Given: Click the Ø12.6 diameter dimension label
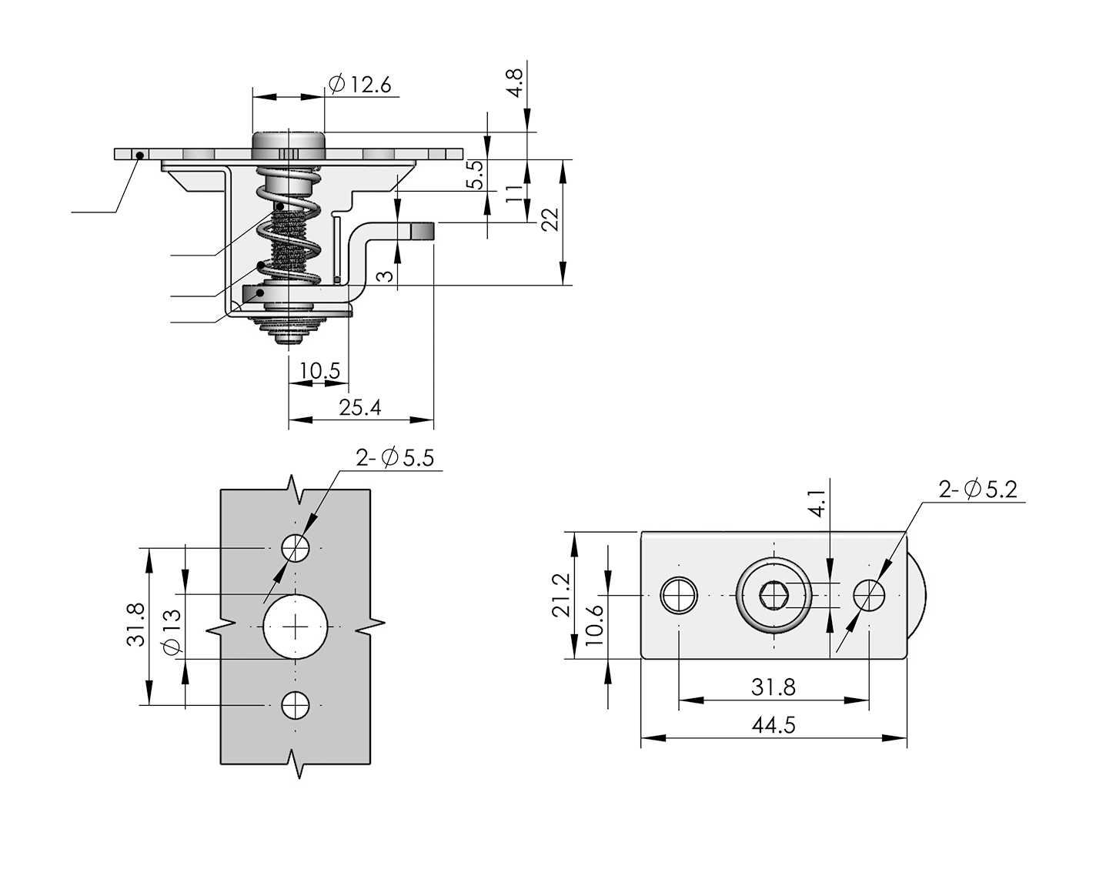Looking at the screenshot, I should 359,84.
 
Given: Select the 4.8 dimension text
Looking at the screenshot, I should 513,81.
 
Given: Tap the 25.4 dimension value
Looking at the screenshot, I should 360,407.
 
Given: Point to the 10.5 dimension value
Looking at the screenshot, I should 319,371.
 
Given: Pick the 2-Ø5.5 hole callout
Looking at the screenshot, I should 395,458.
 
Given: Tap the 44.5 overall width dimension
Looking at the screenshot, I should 773,725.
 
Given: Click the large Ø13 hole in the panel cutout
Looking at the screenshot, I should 296,627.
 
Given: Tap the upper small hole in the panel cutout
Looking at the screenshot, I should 296,549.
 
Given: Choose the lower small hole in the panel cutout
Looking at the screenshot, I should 296,704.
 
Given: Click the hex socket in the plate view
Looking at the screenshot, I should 773,595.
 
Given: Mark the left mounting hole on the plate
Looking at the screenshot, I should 679,595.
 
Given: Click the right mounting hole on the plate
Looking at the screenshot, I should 870,594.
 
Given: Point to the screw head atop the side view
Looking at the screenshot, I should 289,142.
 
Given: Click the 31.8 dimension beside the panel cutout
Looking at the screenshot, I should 136,626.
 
